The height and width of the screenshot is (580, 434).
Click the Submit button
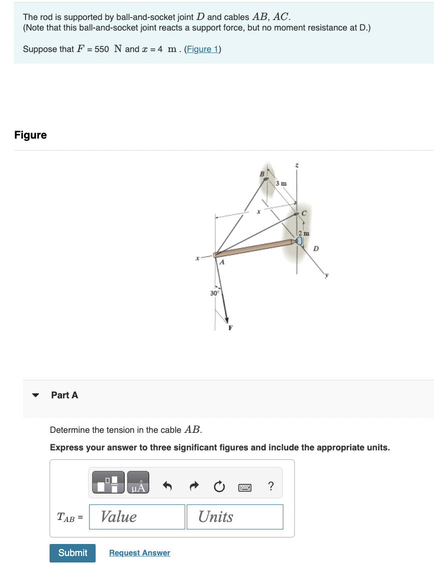pos(73,552)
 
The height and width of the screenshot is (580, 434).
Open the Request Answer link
pos(140,553)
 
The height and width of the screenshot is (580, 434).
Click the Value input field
pos(137,516)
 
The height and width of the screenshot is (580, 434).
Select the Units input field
pos(234,516)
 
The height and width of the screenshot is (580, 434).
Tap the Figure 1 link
pos(203,49)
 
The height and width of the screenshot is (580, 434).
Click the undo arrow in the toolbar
pos(168,486)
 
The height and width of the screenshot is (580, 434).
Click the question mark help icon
pos(271,486)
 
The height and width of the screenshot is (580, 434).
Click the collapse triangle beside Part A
pos(35,395)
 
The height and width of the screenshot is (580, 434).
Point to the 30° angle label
pos(214,293)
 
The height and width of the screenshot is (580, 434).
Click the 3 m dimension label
pos(282,184)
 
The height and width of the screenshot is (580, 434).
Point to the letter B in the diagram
pos(261,173)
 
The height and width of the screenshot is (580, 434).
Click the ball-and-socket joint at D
pos(299,241)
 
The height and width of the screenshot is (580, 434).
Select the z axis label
pos(297,165)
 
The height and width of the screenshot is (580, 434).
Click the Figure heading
pos(31,135)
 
